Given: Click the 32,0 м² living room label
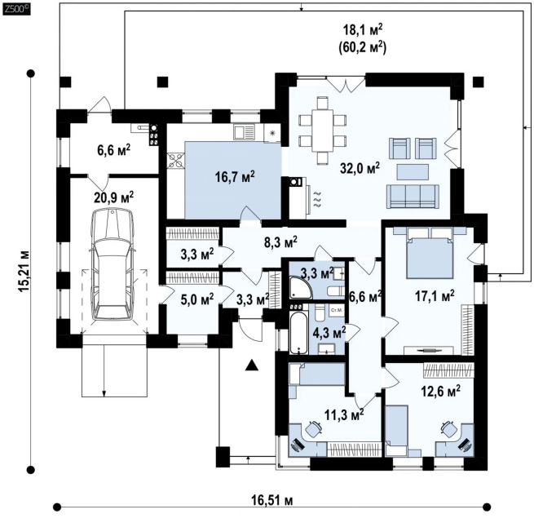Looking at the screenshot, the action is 360,167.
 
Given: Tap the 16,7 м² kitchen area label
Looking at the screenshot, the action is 235,176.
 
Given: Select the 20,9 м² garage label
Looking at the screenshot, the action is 114,197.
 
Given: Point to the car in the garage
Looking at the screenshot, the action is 113,264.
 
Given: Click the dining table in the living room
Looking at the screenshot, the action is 323,130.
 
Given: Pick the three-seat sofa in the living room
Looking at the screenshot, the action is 413,196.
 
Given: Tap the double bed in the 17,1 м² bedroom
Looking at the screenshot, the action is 430,253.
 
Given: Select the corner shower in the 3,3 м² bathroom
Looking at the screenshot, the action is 300,288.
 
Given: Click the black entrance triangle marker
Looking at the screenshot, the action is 252,365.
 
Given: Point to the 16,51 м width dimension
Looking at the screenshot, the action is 272,500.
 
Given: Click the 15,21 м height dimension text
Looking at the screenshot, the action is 24,272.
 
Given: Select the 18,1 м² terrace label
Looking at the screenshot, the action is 362,30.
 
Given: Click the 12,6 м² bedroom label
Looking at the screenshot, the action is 441,390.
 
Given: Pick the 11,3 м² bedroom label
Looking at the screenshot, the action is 344,415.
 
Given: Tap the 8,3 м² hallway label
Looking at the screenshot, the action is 280,241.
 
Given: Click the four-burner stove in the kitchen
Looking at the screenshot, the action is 176,161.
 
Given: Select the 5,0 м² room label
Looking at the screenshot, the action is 197,297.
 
